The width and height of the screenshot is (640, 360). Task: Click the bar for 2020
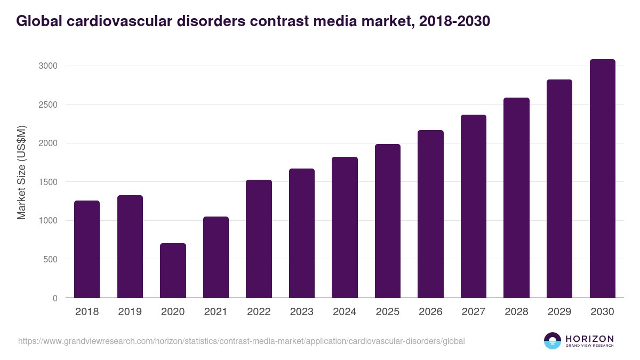coord(173,270)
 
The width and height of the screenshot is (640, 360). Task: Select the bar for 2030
coord(602,179)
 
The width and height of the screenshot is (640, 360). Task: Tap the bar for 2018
coord(87,249)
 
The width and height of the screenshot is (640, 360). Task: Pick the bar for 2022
coord(259,239)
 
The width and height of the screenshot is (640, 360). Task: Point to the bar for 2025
coord(388,221)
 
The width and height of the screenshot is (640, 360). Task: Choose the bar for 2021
coord(216,257)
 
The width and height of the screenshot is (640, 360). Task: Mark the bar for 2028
coord(516,198)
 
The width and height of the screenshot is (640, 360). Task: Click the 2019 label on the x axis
coord(130,312)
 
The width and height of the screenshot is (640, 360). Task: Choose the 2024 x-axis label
coord(345,312)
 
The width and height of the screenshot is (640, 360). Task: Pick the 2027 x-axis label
coord(474,312)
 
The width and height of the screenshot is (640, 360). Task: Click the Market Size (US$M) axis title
coord(21,173)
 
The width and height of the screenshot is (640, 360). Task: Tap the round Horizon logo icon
coord(553,341)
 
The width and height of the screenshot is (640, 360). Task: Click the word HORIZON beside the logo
coord(589,339)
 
